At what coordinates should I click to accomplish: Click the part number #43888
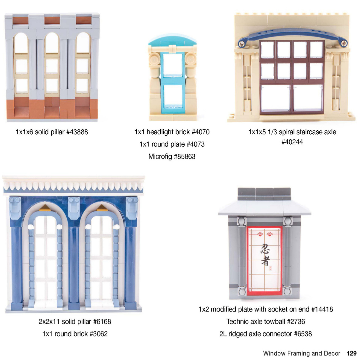tap(77, 132)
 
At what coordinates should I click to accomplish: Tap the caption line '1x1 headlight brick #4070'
tap(172, 132)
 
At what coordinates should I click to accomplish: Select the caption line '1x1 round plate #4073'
tap(172, 144)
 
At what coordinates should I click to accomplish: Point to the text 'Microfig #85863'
tap(172, 156)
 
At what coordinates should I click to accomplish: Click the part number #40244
tap(292, 142)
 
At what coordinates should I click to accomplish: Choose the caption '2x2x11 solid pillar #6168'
tap(75, 322)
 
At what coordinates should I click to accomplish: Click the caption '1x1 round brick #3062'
tap(75, 334)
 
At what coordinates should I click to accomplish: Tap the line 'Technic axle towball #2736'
tap(266, 322)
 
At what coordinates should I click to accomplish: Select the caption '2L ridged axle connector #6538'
tap(266, 334)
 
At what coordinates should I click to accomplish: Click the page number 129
tap(351, 353)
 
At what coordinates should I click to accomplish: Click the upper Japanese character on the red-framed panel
tap(265, 249)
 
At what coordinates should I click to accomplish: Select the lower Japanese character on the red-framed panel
tap(265, 261)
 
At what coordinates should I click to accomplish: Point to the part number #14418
tap(322, 310)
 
